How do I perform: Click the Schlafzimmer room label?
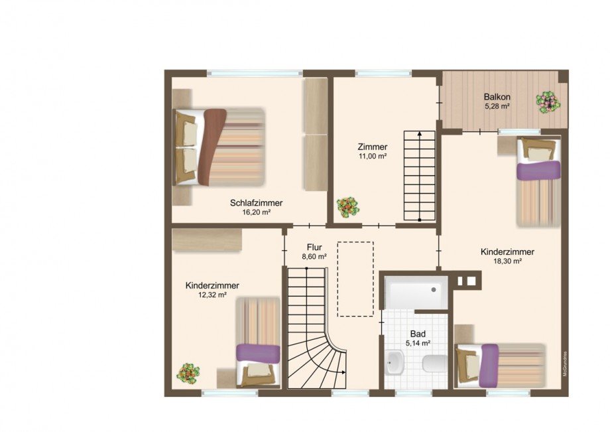tap(257, 202)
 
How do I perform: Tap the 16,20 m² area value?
tap(257, 212)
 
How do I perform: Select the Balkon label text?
tap(496, 96)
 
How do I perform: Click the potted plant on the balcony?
tap(548, 102)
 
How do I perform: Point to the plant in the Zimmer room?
tap(347, 207)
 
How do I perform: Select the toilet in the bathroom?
tap(434, 364)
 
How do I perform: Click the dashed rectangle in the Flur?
tap(355, 279)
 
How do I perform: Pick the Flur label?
tap(314, 246)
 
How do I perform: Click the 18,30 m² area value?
tap(507, 261)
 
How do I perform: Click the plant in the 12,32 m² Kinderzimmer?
tap(188, 372)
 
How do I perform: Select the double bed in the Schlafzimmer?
tap(219, 147)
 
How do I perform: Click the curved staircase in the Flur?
tap(315, 332)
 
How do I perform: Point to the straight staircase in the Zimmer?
tap(420, 175)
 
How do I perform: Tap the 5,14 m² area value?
tap(418, 344)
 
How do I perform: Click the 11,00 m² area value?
tap(371, 157)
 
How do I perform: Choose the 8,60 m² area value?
tap(314, 256)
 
